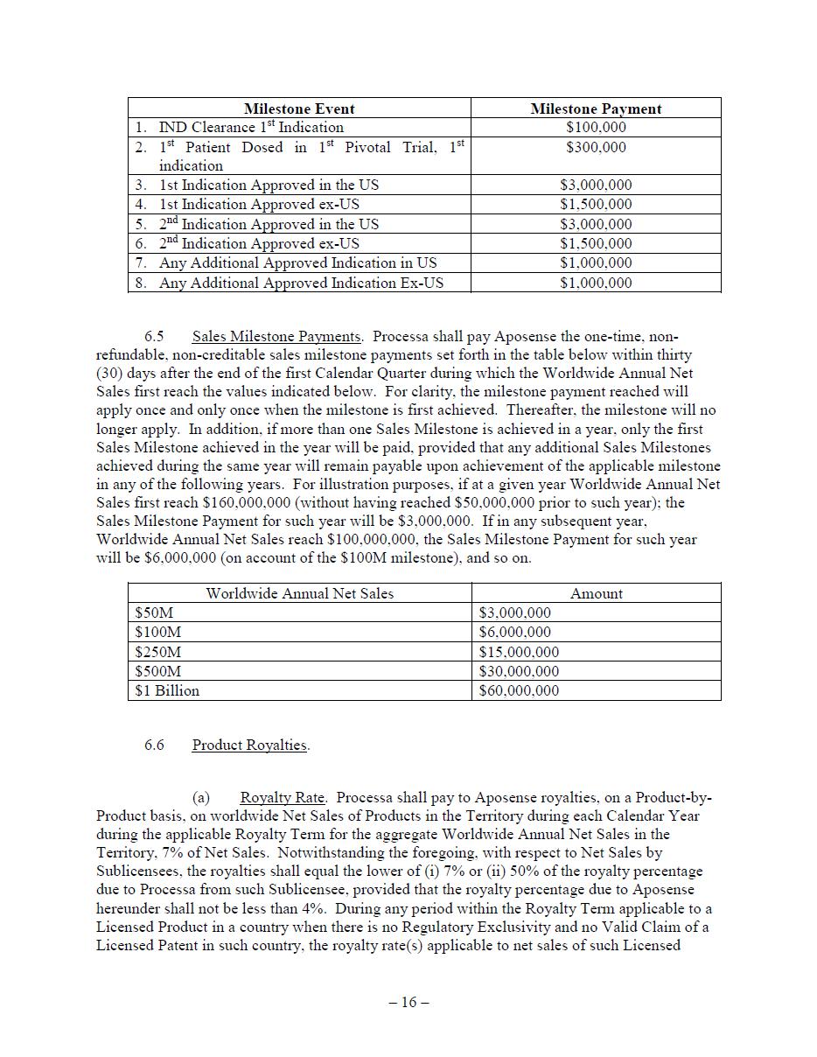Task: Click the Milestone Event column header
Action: pos(299,108)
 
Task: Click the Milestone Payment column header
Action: pos(596,108)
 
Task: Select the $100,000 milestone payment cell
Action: pos(596,128)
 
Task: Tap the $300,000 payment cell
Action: pos(596,147)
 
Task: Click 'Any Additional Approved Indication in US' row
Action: pos(297,263)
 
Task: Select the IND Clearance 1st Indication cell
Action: pos(251,128)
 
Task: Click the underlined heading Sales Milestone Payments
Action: pos(276,337)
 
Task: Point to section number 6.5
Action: pos(154,337)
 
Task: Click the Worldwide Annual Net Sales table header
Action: pos(299,593)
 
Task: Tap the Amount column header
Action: pos(596,593)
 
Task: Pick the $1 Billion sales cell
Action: pos(167,690)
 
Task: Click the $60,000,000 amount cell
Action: pos(519,691)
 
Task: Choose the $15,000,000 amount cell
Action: pos(519,652)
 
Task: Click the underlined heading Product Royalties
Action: pos(250,745)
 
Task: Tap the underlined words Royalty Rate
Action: pos(283,798)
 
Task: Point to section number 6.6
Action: pos(154,745)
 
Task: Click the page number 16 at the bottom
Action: pos(408,1003)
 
